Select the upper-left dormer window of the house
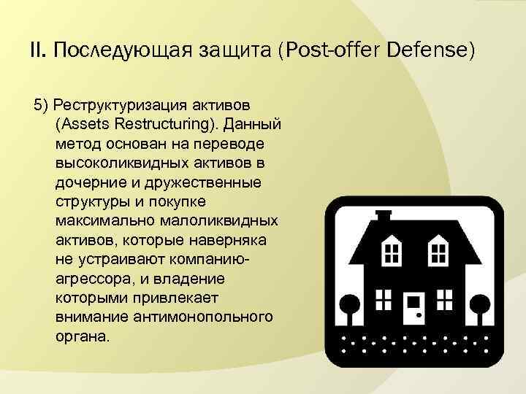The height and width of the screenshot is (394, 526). point(392,254)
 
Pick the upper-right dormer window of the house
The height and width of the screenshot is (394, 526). point(439,254)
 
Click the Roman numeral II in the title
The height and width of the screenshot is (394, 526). point(37,51)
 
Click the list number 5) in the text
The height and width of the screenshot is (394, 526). point(41,101)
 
